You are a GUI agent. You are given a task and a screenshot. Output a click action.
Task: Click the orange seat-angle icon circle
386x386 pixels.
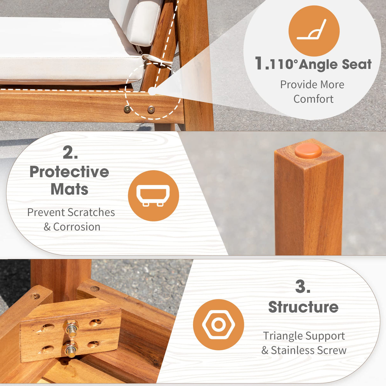tap(314, 31)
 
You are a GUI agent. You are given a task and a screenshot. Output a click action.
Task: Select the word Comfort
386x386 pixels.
tap(313, 99)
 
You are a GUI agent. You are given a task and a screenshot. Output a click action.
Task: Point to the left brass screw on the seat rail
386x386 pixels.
tap(127, 109)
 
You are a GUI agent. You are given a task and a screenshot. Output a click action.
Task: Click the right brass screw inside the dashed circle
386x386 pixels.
tap(151, 110)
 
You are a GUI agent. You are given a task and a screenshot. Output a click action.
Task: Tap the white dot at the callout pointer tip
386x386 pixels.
tap(152, 92)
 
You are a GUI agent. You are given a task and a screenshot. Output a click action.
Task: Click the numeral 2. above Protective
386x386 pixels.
tap(70, 153)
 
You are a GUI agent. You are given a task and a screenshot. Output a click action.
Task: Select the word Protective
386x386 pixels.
tap(69, 172)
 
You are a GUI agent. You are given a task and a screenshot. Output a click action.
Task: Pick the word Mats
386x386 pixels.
tap(69, 190)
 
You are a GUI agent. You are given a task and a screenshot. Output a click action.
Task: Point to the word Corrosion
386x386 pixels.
tap(77, 227)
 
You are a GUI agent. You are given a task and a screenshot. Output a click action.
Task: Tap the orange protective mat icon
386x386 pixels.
tap(153, 196)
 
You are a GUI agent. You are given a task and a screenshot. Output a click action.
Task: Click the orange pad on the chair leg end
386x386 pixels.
tap(308, 151)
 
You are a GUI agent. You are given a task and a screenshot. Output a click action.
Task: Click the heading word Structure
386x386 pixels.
tap(303, 307)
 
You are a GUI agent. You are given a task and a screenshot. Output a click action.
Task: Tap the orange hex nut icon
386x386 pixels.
tap(218, 325)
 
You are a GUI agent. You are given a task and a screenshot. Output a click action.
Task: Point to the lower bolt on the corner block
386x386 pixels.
tap(71, 349)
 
